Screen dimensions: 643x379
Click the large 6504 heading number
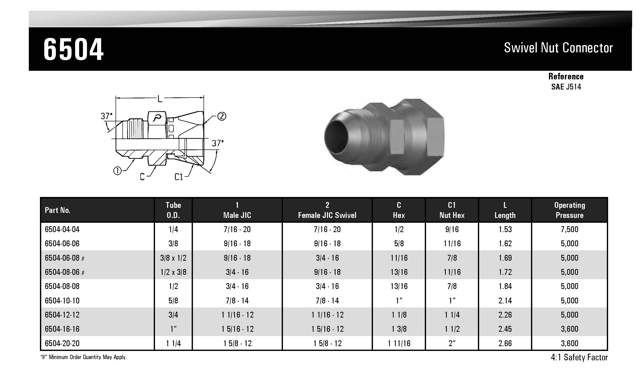pyautogui.click(x=74, y=49)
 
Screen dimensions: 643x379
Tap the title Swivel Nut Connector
pyautogui.click(x=558, y=48)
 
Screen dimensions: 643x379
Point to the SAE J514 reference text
pyautogui.click(x=566, y=87)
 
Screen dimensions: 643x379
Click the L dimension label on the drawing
pyautogui.click(x=160, y=99)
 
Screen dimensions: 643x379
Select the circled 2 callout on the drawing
pyautogui.click(x=221, y=117)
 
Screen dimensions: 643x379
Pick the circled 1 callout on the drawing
pyautogui.click(x=118, y=171)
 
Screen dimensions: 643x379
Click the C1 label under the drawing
pyautogui.click(x=179, y=177)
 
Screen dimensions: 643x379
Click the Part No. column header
pyautogui.click(x=57, y=210)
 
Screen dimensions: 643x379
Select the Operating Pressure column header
pyautogui.click(x=569, y=210)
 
